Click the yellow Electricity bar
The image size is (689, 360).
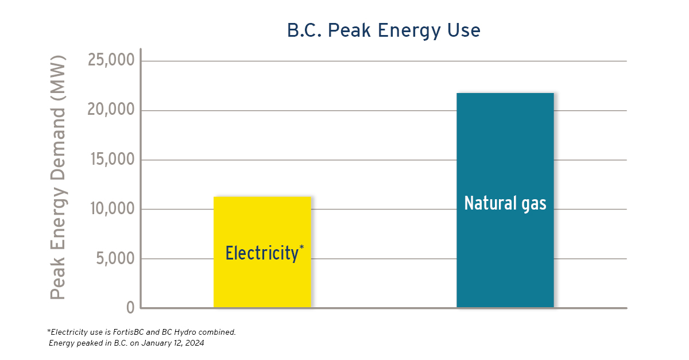click(262, 251)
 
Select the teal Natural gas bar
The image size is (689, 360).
click(505, 200)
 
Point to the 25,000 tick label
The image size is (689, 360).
click(111, 60)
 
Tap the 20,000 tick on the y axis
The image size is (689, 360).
click(111, 109)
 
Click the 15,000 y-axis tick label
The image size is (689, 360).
click(113, 159)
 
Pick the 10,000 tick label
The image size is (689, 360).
click(113, 208)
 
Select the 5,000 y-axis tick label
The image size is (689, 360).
click(115, 258)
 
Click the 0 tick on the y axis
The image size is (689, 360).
click(130, 307)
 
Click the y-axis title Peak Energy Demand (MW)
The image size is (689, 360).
click(58, 177)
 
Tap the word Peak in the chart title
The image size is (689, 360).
click(349, 30)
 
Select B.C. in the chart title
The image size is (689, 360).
click(304, 30)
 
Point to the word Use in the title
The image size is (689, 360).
click(464, 30)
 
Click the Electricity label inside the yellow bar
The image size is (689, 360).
click(262, 254)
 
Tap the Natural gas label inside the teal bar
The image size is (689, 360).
click(505, 204)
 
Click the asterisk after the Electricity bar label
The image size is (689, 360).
click(301, 247)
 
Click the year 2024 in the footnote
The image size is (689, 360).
click(195, 343)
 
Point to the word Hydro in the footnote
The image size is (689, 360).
click(185, 332)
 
